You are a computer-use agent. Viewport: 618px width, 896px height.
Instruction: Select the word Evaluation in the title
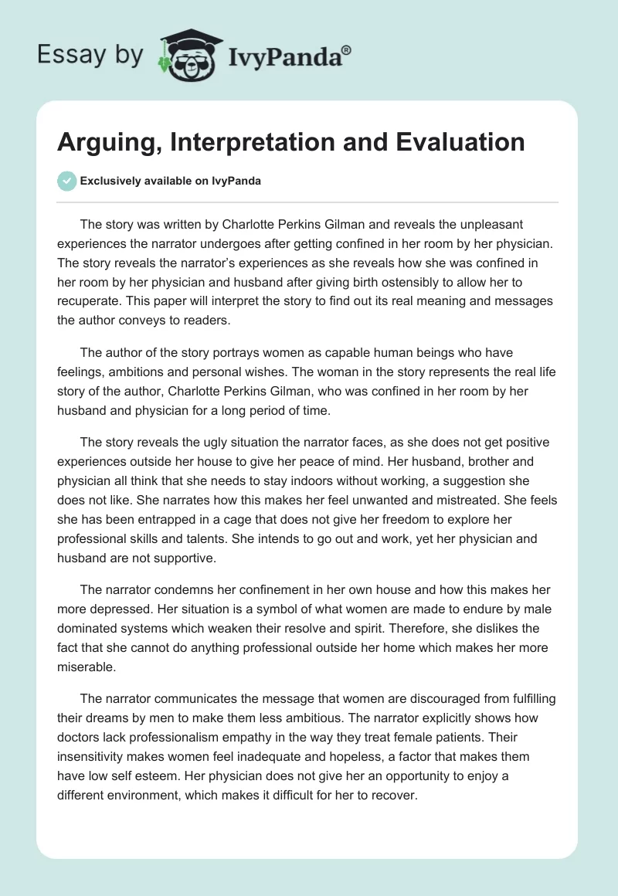457,142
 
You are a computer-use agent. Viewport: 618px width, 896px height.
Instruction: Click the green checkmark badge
67,181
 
